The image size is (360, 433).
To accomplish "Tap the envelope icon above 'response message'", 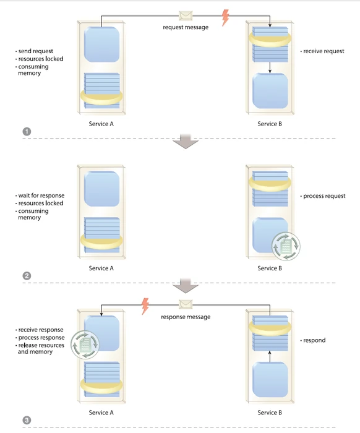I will pos(186,304).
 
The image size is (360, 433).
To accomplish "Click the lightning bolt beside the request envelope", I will pos(225,17).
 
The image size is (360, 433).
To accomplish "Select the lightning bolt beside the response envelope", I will pos(146,305).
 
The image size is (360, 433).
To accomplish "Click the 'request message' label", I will pos(186,27).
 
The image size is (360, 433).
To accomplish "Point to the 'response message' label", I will pos(186,317).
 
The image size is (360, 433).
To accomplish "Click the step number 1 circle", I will pos(27,131).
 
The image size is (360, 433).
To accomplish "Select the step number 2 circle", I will pos(27,276).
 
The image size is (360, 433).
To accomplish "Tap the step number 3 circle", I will pos(27,421).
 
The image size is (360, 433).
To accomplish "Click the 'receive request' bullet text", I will pos(324,51).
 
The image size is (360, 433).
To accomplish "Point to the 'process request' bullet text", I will pos(324,196).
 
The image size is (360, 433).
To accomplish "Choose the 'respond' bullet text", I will pos(314,340).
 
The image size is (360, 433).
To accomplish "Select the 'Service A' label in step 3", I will pos(101,413).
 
